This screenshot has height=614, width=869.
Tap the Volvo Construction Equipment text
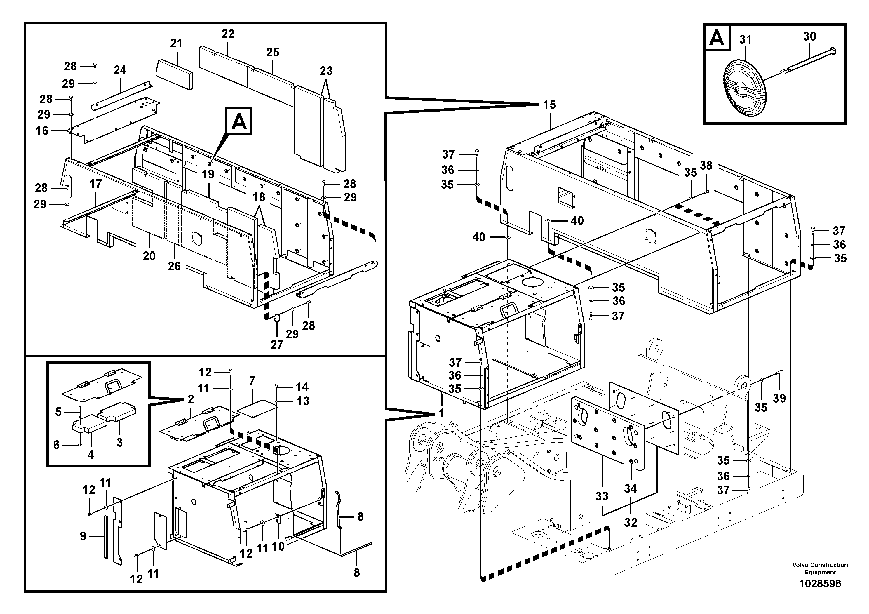(820, 568)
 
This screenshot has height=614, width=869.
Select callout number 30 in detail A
(809, 37)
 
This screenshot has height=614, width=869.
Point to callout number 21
(176, 44)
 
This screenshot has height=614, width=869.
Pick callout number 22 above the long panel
(228, 34)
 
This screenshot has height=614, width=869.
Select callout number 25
(273, 52)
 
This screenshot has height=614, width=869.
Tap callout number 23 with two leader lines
(326, 71)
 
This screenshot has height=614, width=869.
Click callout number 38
(706, 166)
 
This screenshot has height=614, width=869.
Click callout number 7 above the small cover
(252, 380)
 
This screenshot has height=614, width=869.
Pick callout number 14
(302, 387)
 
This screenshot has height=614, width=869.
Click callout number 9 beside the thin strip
(83, 536)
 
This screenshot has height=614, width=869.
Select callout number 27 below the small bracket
(277, 345)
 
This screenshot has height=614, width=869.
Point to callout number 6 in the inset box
(56, 445)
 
